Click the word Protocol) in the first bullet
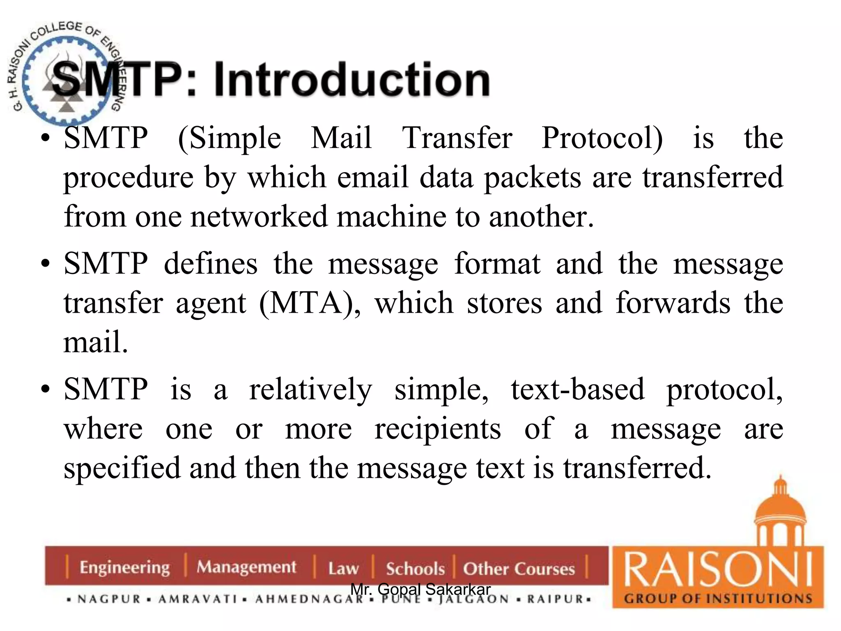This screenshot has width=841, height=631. point(602,138)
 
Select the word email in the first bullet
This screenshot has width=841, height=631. point(372,177)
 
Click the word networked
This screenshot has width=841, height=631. point(259,216)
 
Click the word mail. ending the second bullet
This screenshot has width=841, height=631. point(96,342)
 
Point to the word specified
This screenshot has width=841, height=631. point(122,468)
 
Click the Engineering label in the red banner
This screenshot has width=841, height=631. point(124,567)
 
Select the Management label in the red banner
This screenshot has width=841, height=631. point(246,567)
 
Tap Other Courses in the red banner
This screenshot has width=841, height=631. point(519,569)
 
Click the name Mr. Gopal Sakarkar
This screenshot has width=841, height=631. point(420,590)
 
